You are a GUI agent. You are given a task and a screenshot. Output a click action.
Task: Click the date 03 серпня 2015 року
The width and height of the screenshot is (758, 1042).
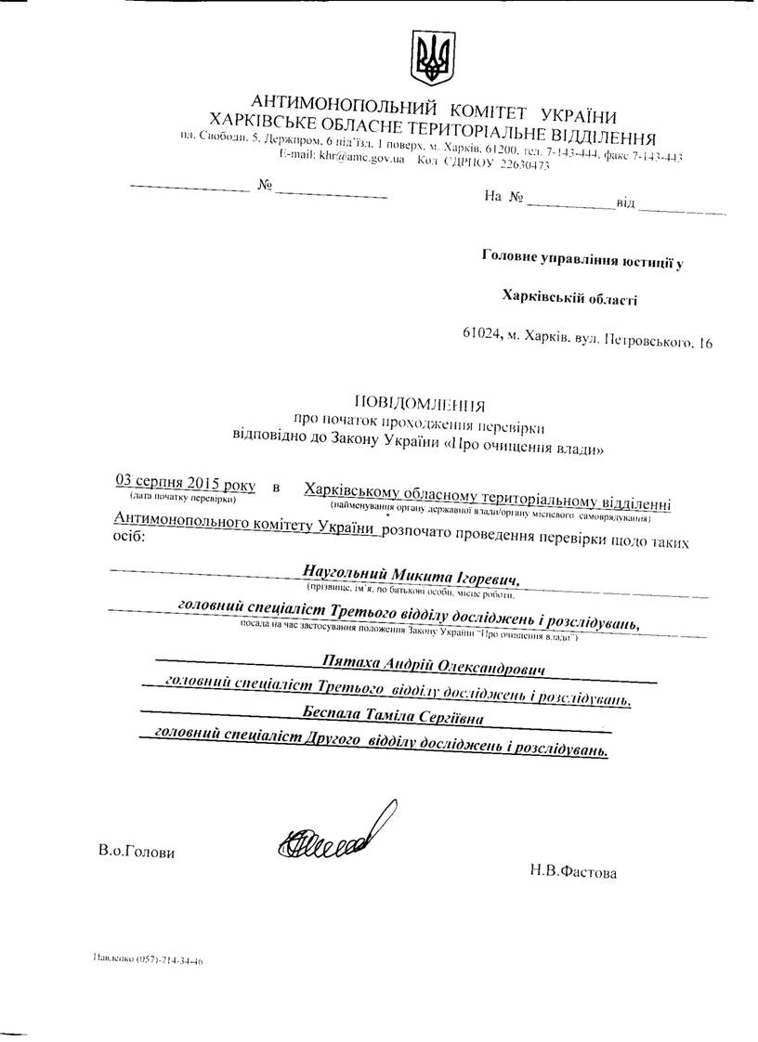pyautogui.click(x=185, y=482)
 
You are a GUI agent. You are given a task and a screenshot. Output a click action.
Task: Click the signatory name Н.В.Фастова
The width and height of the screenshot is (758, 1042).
pyautogui.click(x=572, y=871)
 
